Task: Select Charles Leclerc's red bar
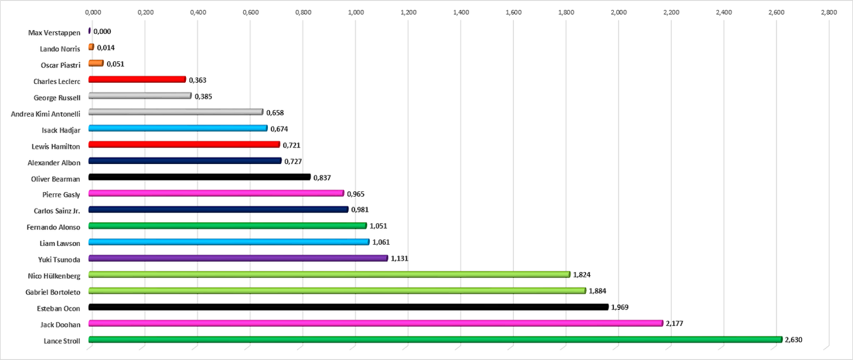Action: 137,79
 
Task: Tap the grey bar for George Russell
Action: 140,96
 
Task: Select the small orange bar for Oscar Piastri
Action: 96,63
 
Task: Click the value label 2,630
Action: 794,340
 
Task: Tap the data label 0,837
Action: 322,177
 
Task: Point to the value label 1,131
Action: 399,259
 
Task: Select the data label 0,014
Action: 106,48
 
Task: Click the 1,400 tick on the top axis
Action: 461,11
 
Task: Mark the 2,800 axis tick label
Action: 828,11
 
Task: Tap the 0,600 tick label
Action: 251,11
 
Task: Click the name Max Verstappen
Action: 54,32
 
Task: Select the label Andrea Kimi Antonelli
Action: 46,113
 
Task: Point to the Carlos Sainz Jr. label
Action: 57,211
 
